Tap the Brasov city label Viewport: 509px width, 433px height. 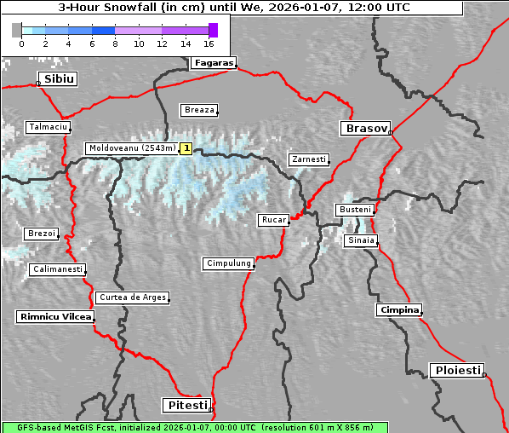click(x=365, y=129)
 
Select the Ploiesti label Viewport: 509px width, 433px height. click(x=458, y=370)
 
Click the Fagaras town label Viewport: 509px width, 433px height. click(x=213, y=63)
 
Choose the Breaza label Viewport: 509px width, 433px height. click(x=200, y=110)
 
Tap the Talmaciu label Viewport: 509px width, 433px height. click(x=47, y=127)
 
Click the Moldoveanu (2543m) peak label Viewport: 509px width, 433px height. click(x=132, y=148)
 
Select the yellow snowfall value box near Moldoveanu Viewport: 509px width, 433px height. click(x=186, y=148)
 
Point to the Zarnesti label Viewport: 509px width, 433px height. click(x=308, y=159)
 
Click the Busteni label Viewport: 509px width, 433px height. click(x=354, y=210)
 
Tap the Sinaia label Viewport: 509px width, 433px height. click(x=360, y=240)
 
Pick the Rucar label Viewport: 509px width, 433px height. click(x=273, y=220)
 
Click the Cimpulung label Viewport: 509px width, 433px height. click(x=228, y=263)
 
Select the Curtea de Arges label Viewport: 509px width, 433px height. click(x=132, y=297)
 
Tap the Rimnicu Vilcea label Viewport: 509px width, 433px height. click(x=54, y=316)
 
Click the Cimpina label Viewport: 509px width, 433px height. click(x=398, y=309)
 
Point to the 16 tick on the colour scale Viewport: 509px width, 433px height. click(x=209, y=43)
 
